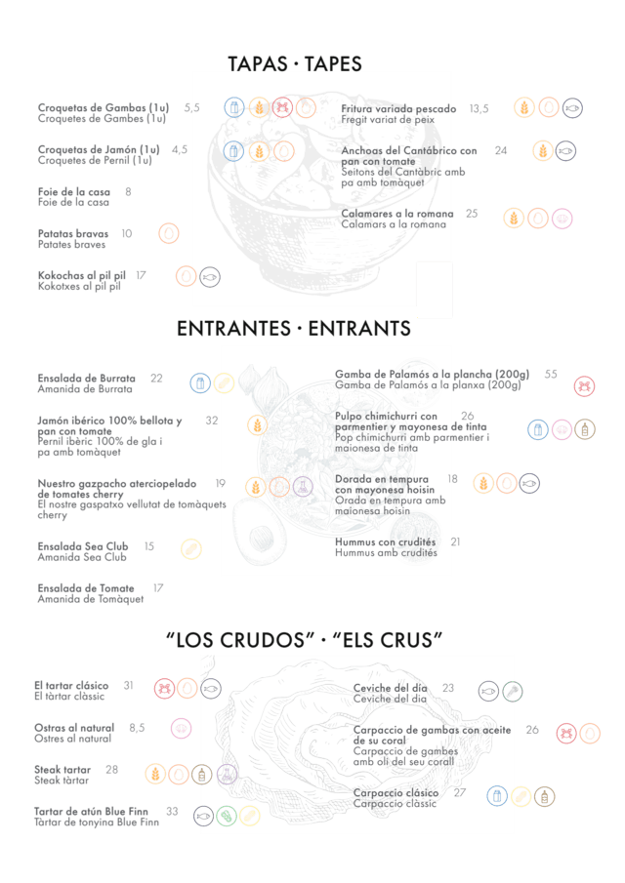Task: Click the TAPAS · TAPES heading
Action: [295, 64]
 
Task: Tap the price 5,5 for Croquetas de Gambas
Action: [191, 107]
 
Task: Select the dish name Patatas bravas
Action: [72, 234]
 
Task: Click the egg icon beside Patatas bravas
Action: [169, 233]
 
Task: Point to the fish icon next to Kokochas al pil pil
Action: [210, 277]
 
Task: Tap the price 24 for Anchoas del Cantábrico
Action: [500, 150]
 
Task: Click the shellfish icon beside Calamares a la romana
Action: [562, 219]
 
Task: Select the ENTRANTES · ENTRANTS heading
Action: [294, 328]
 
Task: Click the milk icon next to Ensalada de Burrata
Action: [200, 383]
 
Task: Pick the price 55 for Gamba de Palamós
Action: [551, 374]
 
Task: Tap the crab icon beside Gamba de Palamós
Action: [584, 386]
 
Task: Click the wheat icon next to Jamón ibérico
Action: [257, 425]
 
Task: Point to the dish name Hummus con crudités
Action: [385, 542]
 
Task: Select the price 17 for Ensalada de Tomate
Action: [158, 588]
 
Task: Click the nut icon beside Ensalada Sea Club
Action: [191, 549]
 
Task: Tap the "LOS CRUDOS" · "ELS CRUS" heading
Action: [305, 640]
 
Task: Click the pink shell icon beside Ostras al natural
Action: [181, 729]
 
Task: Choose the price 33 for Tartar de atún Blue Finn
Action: [172, 812]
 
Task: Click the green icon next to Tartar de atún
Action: [226, 816]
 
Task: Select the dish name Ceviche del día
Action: [390, 688]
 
